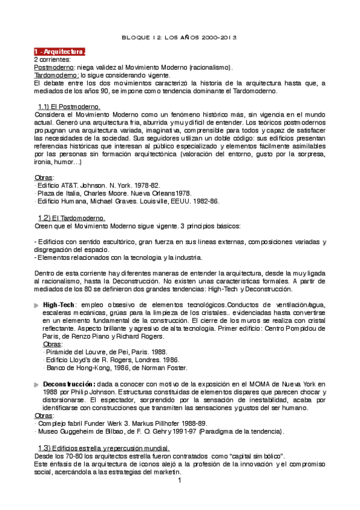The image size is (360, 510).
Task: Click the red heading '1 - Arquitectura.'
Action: [x=59, y=52]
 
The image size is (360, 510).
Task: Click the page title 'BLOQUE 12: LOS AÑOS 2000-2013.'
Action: [x=180, y=37]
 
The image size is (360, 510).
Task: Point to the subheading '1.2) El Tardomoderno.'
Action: [x=72, y=218]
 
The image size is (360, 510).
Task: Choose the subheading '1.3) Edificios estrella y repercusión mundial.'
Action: [x=103, y=448]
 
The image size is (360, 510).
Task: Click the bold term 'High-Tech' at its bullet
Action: [x=59, y=306]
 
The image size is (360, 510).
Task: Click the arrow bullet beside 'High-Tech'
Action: [x=37, y=306]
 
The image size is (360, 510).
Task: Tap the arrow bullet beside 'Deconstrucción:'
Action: [x=37, y=384]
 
